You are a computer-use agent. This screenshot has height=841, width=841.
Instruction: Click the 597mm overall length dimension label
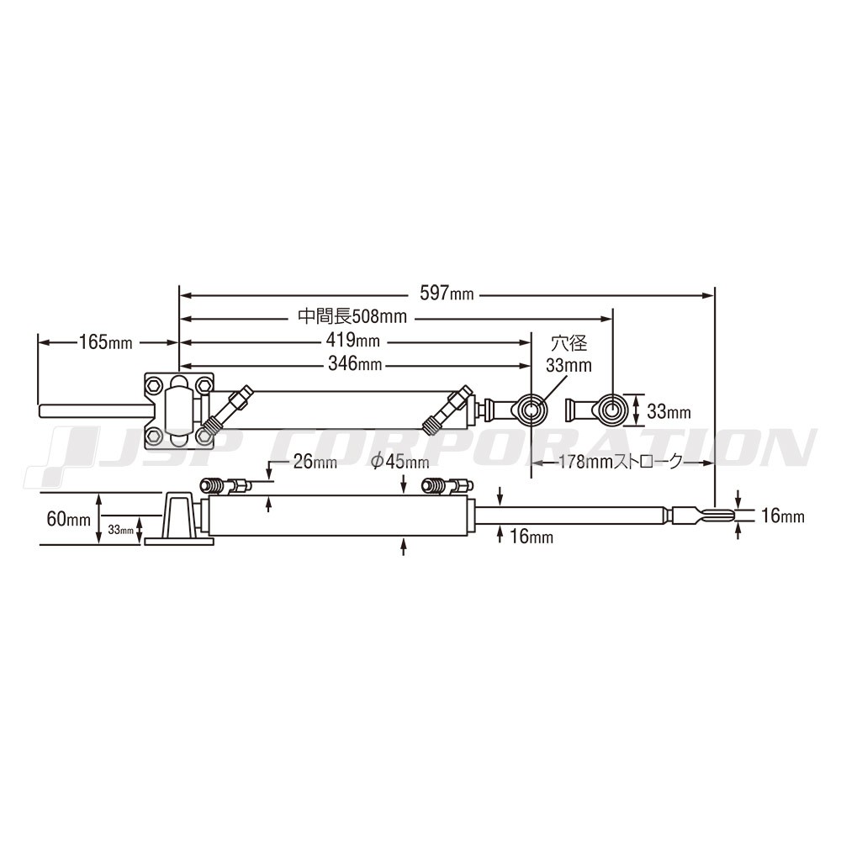click(447, 294)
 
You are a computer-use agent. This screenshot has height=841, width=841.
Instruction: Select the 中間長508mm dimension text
click(352, 316)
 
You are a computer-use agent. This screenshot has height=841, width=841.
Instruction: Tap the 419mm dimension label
click(352, 340)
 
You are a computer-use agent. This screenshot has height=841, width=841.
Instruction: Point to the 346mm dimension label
click(355, 363)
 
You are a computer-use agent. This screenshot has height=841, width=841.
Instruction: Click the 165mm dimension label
click(106, 341)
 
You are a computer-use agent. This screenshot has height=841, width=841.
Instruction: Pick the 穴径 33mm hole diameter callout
click(569, 354)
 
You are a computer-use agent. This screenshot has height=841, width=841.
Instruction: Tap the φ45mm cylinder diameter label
click(400, 461)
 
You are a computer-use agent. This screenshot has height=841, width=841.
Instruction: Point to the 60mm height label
click(69, 519)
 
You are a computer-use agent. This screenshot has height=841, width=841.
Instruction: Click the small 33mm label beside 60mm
click(120, 530)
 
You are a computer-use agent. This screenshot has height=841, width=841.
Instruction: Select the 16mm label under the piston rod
click(531, 536)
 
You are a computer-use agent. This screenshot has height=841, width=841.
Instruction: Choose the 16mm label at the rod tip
click(783, 516)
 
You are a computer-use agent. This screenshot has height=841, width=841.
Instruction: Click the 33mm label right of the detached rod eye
click(669, 411)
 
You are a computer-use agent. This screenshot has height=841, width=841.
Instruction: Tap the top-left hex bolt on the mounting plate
click(153, 384)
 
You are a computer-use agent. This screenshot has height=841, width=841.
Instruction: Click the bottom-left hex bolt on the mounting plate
click(153, 435)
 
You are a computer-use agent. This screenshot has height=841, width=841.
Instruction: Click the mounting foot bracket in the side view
click(179, 519)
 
